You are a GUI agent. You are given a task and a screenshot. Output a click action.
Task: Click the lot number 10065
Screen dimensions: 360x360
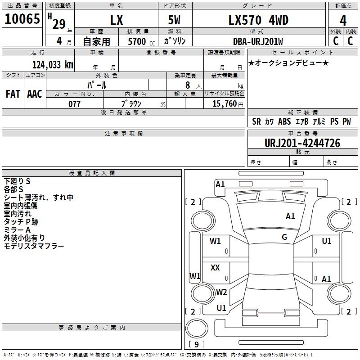22,19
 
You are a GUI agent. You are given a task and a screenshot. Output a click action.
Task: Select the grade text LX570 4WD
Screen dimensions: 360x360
258,20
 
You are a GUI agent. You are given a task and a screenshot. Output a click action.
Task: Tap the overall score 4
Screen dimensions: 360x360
343,21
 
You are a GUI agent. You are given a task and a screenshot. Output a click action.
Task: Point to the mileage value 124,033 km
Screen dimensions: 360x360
53,65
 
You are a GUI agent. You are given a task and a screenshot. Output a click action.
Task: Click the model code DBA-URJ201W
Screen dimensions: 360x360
258,41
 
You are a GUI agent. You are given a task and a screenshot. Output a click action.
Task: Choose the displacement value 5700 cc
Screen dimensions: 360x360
141,41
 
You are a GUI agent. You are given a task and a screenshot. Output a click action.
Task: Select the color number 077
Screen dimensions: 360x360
74,104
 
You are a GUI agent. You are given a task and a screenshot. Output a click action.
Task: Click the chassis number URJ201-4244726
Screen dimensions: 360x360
302,143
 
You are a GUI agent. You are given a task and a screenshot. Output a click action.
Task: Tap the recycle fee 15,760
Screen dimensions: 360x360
224,104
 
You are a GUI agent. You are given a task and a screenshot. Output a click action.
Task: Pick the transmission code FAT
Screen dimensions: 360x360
13,94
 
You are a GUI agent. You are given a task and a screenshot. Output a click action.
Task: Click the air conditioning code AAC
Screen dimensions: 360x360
35,94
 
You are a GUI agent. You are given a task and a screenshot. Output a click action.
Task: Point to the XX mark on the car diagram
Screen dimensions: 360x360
215,268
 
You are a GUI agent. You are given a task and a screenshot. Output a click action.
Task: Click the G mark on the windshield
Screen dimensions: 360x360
284,237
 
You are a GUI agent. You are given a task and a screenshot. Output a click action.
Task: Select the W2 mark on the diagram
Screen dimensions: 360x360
221,292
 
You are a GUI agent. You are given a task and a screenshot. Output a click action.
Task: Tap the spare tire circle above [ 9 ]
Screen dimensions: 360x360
197,328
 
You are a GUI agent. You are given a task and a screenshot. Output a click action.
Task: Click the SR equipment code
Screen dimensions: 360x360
256,121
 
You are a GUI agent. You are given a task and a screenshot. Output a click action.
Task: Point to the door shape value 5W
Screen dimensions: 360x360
174,20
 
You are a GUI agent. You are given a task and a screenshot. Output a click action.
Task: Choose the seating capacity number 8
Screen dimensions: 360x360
188,85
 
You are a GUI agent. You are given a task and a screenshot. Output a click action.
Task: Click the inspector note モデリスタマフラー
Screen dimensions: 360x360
34,246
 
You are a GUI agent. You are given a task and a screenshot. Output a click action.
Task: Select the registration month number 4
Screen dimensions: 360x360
59,41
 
